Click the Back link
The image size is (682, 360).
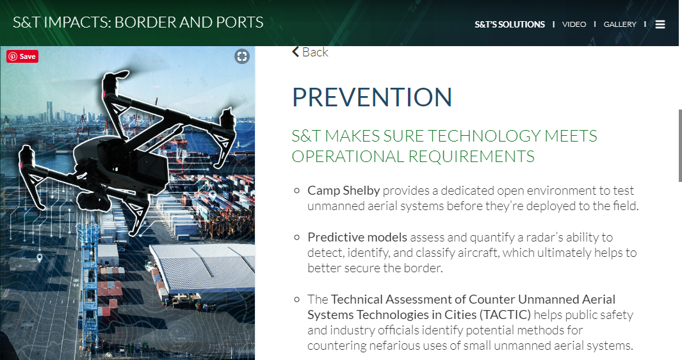tap(310, 53)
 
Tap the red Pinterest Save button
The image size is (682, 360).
tap(22, 56)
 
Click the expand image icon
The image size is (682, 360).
tap(242, 56)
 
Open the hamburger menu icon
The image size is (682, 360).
tap(660, 24)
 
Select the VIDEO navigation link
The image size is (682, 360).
tap(574, 24)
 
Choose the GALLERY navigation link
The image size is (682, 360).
tap(620, 24)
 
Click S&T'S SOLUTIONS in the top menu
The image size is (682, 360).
tap(510, 24)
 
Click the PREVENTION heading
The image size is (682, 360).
tap(372, 97)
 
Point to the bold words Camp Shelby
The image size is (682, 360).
tap(344, 191)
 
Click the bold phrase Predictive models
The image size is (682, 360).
tap(357, 237)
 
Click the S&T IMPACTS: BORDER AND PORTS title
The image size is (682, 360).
tap(138, 22)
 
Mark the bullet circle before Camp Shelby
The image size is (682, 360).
tap(297, 191)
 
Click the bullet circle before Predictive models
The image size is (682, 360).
tap(297, 237)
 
